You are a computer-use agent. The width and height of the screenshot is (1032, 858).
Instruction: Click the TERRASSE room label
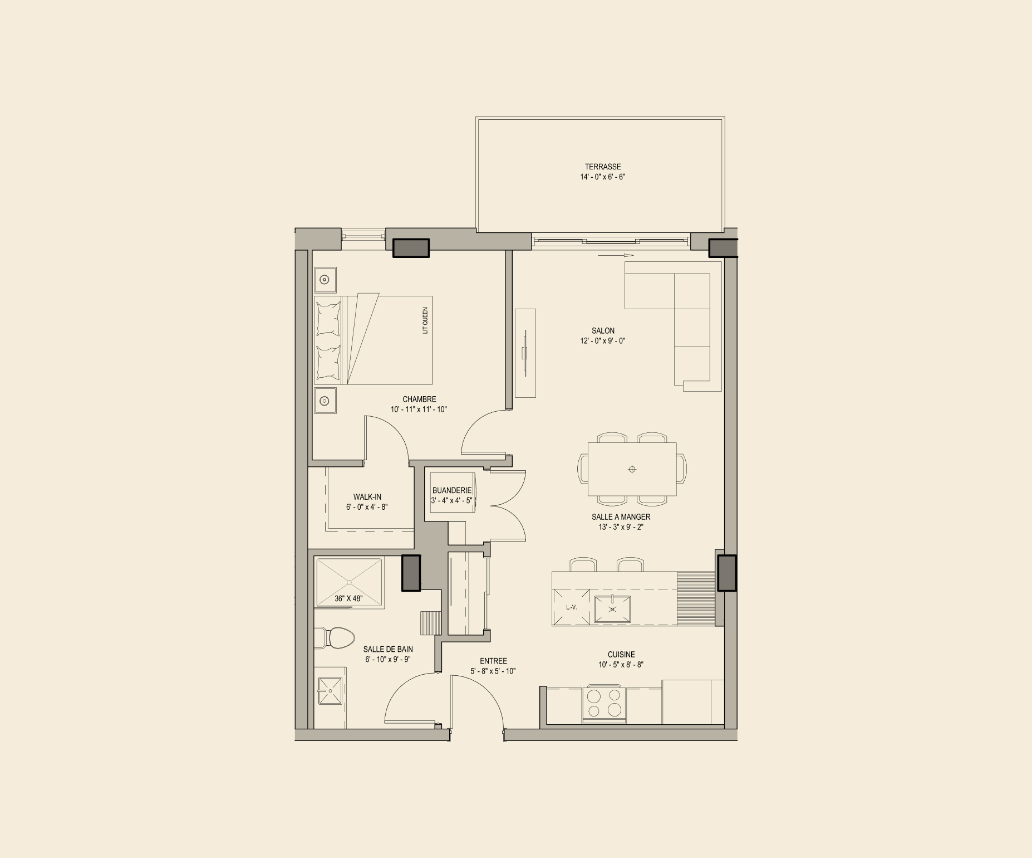point(602,167)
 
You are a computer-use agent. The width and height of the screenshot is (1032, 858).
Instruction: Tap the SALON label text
point(603,331)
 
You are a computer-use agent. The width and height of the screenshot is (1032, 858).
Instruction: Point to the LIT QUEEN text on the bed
point(425,320)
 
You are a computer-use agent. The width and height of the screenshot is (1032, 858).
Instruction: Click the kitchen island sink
point(612,609)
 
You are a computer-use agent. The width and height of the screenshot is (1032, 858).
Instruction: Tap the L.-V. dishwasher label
point(571,607)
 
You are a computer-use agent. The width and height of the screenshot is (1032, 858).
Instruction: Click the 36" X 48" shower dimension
point(348,598)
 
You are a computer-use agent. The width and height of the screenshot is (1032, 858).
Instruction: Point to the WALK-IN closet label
point(367,497)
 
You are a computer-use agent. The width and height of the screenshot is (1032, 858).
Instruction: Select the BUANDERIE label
point(451,490)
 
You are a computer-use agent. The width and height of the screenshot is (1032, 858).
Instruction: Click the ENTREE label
point(493,661)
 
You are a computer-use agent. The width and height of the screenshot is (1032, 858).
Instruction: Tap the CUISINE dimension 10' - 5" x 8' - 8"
point(621,665)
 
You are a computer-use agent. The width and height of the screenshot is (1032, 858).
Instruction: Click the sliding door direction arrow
point(616,255)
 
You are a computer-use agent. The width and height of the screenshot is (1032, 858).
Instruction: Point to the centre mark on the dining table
point(632,469)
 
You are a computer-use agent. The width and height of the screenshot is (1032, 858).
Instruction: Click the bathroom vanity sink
point(330,690)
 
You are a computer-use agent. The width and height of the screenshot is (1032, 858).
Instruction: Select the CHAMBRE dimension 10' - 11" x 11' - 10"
point(419,409)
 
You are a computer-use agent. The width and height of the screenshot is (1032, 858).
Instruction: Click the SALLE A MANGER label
point(621,517)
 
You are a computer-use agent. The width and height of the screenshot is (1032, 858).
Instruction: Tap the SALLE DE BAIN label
point(388,650)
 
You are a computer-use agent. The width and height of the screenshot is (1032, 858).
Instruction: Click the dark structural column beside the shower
point(411,573)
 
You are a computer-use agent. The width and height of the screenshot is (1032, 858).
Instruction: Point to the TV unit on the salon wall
point(525,353)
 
